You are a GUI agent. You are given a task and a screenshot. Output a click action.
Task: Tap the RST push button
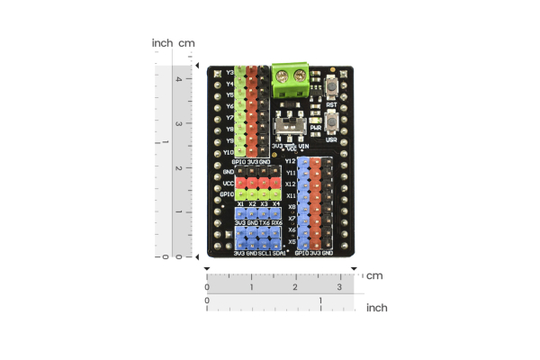[x=333, y=87]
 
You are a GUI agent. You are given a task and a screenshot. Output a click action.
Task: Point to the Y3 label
[x=229, y=72]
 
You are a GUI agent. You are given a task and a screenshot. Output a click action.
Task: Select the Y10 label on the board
[x=229, y=152]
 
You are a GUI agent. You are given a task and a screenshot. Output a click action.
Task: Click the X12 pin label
[x=290, y=184]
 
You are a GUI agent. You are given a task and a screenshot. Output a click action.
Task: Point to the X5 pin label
[x=291, y=241]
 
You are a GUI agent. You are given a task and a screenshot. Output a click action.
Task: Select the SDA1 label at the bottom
[x=279, y=253]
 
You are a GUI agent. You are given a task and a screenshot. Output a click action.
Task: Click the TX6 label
[x=265, y=221]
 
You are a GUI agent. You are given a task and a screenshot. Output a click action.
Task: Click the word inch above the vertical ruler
[x=162, y=43]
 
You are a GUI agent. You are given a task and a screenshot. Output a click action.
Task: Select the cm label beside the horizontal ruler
[x=374, y=275]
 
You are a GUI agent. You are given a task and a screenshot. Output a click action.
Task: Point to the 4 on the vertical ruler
[x=177, y=79]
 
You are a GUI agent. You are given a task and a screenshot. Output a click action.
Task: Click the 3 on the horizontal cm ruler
[x=339, y=287]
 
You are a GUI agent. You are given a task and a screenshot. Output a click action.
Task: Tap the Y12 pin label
[x=290, y=161]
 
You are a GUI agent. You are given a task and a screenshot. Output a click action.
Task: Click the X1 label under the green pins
[x=240, y=204]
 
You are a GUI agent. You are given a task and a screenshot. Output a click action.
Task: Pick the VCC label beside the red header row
[x=229, y=183]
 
